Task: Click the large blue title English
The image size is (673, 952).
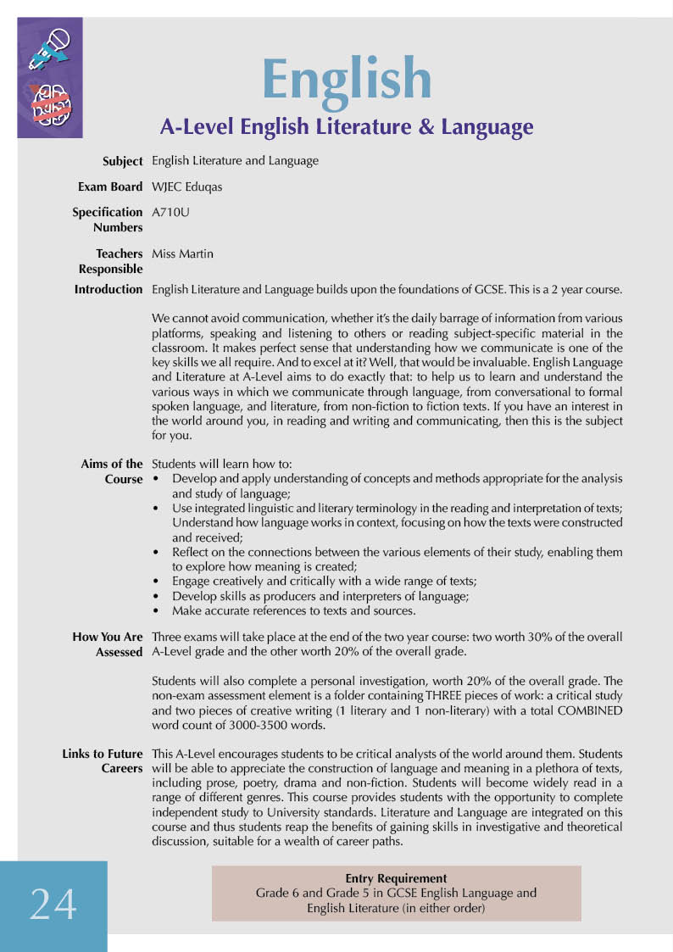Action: [347, 79]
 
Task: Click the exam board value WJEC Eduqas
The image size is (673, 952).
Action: [186, 187]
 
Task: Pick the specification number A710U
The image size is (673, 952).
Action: [170, 212]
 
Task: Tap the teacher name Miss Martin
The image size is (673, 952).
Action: [182, 253]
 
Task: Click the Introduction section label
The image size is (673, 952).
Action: [108, 289]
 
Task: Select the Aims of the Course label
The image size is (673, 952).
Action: [112, 471]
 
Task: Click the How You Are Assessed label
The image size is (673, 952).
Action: [108, 644]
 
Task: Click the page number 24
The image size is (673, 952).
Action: [53, 905]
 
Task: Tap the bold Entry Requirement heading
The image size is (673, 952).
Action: [396, 878]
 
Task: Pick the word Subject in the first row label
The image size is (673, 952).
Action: [122, 161]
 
